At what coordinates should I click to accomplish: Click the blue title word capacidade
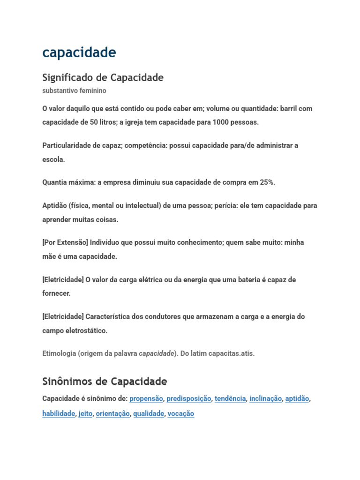click(x=79, y=53)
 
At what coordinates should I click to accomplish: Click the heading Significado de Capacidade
click(x=103, y=77)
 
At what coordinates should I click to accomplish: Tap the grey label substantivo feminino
click(x=74, y=90)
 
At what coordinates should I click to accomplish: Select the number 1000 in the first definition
click(x=220, y=122)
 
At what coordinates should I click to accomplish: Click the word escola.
click(x=53, y=159)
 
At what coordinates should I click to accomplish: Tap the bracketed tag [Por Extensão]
click(x=65, y=242)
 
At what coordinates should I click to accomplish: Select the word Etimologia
click(x=59, y=353)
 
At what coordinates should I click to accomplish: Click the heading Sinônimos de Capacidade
click(x=105, y=381)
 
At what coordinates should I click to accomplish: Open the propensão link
click(x=146, y=398)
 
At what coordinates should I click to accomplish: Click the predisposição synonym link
click(x=189, y=398)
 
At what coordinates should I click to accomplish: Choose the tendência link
click(x=230, y=398)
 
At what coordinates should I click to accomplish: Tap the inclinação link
click(x=265, y=398)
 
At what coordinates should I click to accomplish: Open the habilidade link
click(x=59, y=414)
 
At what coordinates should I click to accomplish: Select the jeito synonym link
click(x=85, y=414)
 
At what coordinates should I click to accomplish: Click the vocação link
click(x=180, y=414)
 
